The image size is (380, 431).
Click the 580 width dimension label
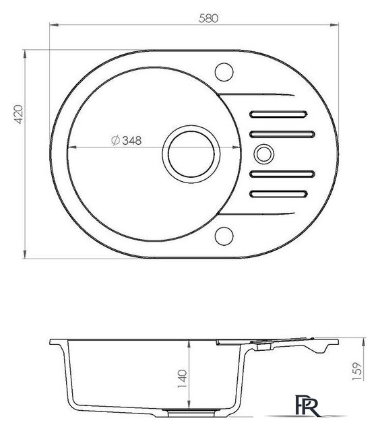point(208,18)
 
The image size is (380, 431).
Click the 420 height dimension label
point(18,114)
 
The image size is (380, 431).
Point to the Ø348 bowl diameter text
point(127,141)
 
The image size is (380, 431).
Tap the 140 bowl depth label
point(183,378)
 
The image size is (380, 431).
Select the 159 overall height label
point(357,371)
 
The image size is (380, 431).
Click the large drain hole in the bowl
point(191,154)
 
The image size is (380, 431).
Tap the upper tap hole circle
point(224,72)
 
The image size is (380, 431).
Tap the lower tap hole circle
point(224,236)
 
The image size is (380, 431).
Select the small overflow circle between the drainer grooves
point(263,154)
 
